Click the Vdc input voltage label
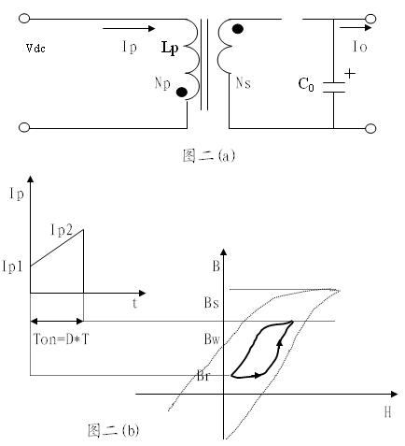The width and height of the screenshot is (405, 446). point(35,48)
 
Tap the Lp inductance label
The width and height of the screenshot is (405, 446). point(170,49)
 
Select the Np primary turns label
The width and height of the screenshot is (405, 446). point(162,83)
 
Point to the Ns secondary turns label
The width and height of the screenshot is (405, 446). point(244,83)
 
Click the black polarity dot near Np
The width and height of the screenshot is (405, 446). point(182,92)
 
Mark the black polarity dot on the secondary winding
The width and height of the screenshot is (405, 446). point(238,29)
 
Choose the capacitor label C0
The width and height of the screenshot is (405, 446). point(306,84)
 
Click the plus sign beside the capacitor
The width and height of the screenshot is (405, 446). point(350,74)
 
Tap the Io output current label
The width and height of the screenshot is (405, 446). point(360,47)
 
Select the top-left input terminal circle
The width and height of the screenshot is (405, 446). point(24,19)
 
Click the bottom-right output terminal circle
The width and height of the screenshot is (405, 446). point(370,128)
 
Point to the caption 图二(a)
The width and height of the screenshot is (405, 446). point(208,155)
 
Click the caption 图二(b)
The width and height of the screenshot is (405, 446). point(113,430)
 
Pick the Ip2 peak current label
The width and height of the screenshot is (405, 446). point(62,231)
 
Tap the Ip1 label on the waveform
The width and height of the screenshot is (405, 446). point(12,266)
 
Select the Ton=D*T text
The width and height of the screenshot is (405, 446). point(61,338)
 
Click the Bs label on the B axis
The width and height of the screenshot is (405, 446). point(212,303)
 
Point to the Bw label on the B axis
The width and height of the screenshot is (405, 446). point(212,339)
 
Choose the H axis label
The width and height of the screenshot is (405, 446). point(387,412)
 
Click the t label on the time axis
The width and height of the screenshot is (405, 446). point(134,303)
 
